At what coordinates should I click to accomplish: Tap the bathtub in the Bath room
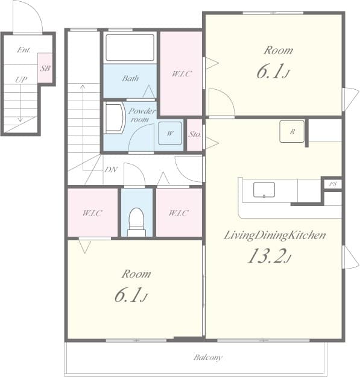click(x=130, y=48)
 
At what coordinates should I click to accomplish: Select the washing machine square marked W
click(x=170, y=133)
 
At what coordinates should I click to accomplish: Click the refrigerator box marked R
click(x=292, y=131)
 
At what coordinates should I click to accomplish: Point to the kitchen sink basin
click(x=264, y=190)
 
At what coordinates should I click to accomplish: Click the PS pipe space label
click(x=333, y=184)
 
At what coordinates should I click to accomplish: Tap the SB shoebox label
click(x=45, y=68)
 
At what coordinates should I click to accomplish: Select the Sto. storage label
click(x=194, y=134)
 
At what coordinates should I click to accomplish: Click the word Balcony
click(x=207, y=357)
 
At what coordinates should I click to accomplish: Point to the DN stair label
click(x=111, y=169)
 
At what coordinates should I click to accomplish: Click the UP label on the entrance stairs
click(x=21, y=79)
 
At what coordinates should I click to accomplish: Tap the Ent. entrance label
click(x=24, y=50)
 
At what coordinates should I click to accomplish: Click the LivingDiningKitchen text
click(x=275, y=235)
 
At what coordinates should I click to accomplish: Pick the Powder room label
click(x=142, y=115)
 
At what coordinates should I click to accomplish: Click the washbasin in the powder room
click(x=115, y=118)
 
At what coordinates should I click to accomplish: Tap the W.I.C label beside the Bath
click(x=182, y=73)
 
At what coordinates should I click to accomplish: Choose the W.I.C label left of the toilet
click(x=92, y=213)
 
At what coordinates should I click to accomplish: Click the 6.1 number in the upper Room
click(x=270, y=72)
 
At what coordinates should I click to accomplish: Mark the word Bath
click(x=130, y=78)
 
